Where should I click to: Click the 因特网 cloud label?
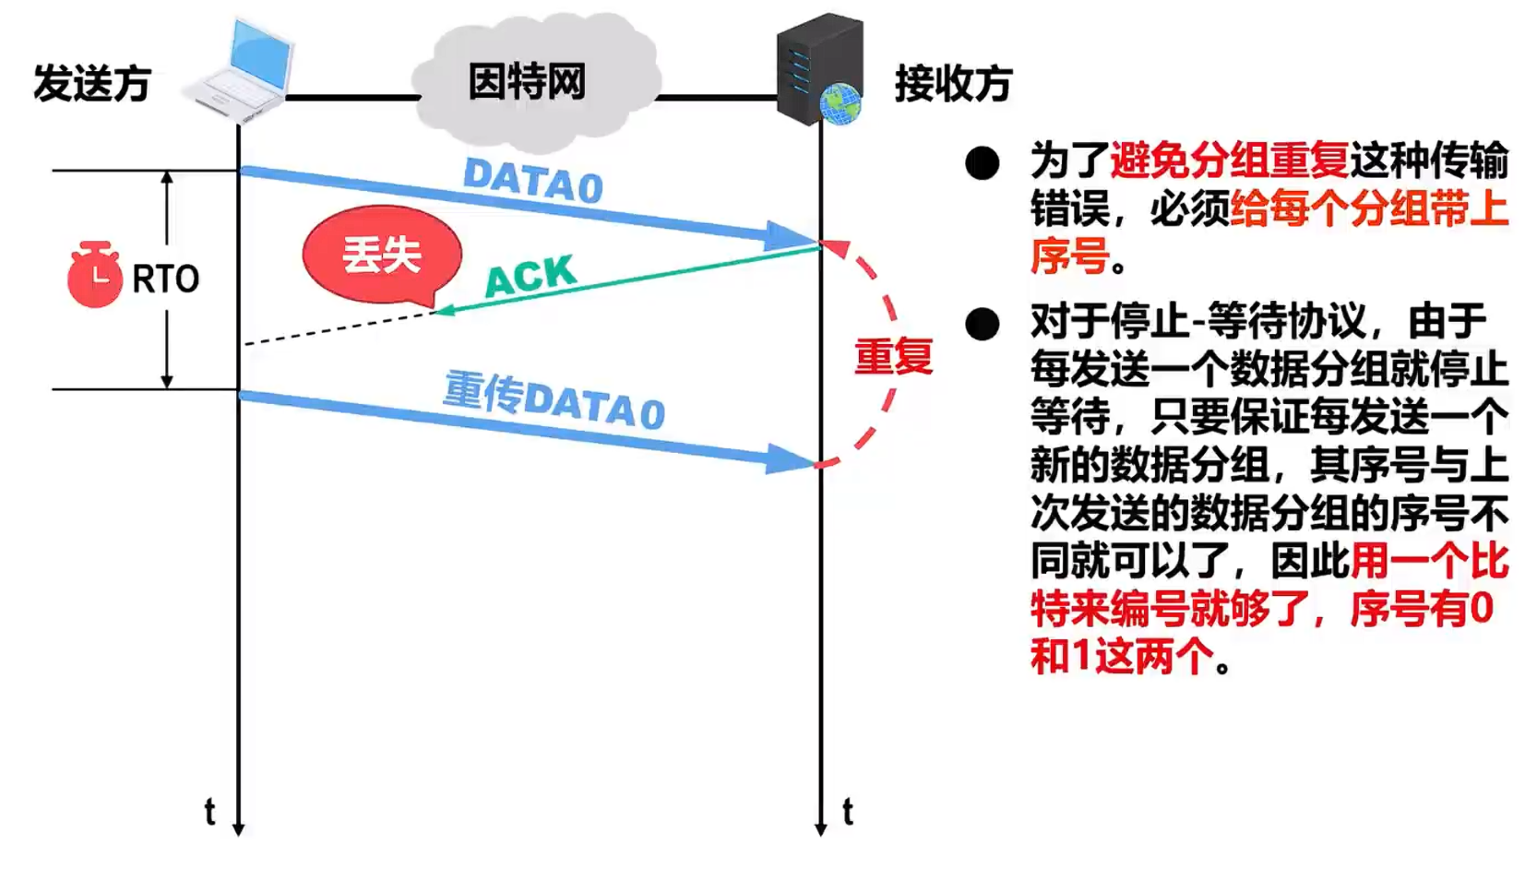pyautogui.click(x=527, y=82)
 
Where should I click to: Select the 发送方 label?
pyautogui.click(x=92, y=84)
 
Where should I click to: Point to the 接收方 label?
pyautogui.click(x=953, y=84)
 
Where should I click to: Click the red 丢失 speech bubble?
pyautogui.click(x=382, y=255)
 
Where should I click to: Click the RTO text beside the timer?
pyautogui.click(x=166, y=279)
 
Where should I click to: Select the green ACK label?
pyautogui.click(x=530, y=275)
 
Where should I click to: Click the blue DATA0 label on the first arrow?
pyautogui.click(x=533, y=180)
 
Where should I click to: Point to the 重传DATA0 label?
pyautogui.click(x=554, y=400)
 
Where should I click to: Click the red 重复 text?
pyautogui.click(x=893, y=356)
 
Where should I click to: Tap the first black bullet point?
pyautogui.click(x=983, y=163)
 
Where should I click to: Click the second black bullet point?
pyautogui.click(x=983, y=324)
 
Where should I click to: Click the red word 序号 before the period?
pyautogui.click(x=1069, y=256)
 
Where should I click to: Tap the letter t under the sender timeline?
pyautogui.click(x=209, y=812)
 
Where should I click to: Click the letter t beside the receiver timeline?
pyautogui.click(x=848, y=812)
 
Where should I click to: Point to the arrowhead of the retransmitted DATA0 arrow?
pyautogui.click(x=789, y=459)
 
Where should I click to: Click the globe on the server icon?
pyautogui.click(x=840, y=102)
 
